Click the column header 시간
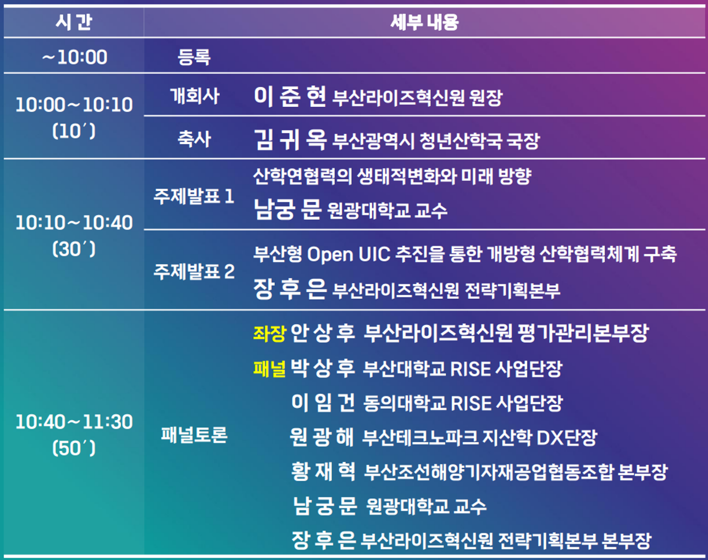click(x=74, y=22)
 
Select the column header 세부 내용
click(x=424, y=22)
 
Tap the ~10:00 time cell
click(x=75, y=57)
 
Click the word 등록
click(x=194, y=57)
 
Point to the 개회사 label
click(x=195, y=96)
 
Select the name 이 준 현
click(x=290, y=96)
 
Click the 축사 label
click(x=194, y=139)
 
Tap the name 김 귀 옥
click(x=290, y=139)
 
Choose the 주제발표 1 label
click(x=194, y=196)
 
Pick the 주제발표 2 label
click(x=194, y=272)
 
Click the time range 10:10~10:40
click(x=74, y=223)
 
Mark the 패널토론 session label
click(x=194, y=435)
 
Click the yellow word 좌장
click(x=269, y=333)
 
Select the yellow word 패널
click(x=269, y=369)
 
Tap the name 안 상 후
click(x=323, y=333)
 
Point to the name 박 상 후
click(x=323, y=368)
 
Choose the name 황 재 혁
click(x=323, y=471)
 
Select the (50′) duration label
click(x=74, y=448)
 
